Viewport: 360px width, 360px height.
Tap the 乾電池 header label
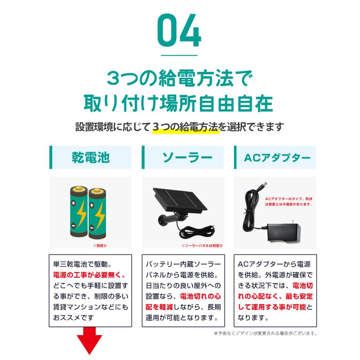pos(91,157)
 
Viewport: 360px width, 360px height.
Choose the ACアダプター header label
pos(277,157)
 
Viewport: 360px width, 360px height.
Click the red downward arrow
pos(90,340)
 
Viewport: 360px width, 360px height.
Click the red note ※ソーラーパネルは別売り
pos(202,246)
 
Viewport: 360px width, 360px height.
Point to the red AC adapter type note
pos(288,201)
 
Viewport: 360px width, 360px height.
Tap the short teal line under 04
pos(180,56)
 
